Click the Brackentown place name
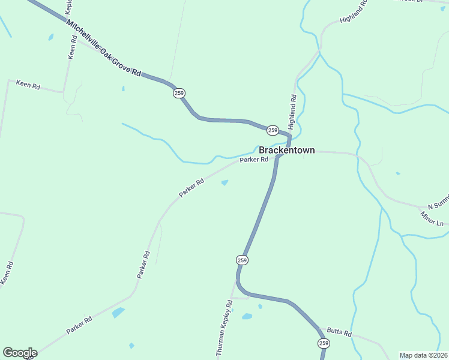point(286,151)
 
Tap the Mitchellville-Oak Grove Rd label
point(103,48)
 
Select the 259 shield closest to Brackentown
point(273,130)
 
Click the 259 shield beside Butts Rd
point(324,343)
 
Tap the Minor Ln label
point(432,219)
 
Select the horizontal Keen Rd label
point(28,85)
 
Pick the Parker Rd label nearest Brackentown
point(253,160)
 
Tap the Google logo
point(20,353)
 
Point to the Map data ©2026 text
point(423,355)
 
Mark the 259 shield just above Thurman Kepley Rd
point(241,260)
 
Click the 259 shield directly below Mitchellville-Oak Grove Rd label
point(179,93)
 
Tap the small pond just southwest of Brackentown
point(224,183)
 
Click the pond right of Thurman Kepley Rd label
point(247,316)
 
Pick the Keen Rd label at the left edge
point(6,273)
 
